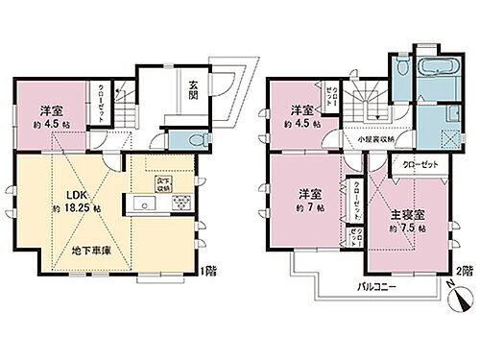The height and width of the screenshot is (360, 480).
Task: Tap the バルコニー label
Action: click(x=379, y=287)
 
